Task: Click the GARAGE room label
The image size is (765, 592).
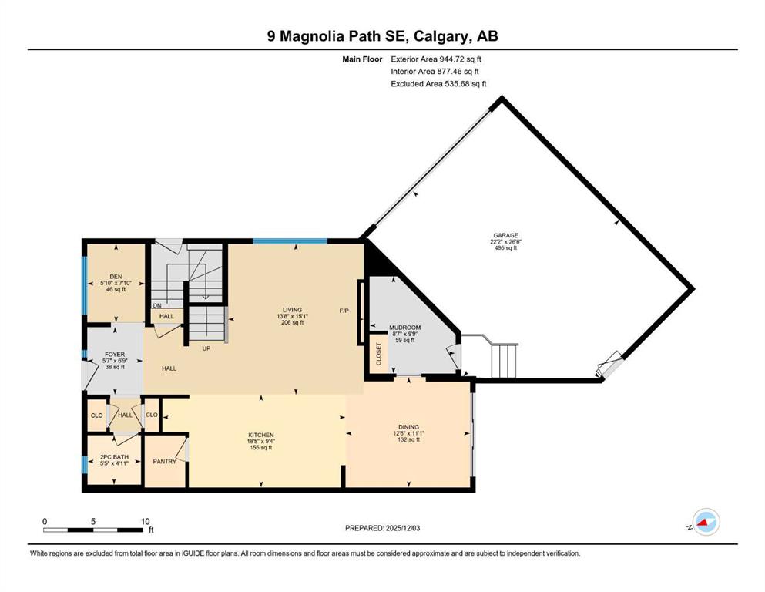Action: pyautogui.click(x=505, y=235)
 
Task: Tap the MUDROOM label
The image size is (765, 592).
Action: pyautogui.click(x=404, y=328)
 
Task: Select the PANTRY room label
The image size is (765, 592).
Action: pyautogui.click(x=164, y=461)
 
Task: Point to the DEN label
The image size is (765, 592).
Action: pyautogui.click(x=116, y=277)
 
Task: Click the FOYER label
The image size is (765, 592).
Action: pyautogui.click(x=115, y=355)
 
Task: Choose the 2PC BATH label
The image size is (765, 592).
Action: pyautogui.click(x=114, y=457)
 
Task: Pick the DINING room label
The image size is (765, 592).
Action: pyautogui.click(x=408, y=427)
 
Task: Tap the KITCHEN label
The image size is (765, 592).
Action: pyautogui.click(x=261, y=435)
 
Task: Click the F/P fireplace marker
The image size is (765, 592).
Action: pyautogui.click(x=344, y=311)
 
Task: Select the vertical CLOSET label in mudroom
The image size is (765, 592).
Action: pyautogui.click(x=378, y=354)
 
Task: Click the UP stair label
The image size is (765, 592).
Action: pyautogui.click(x=206, y=348)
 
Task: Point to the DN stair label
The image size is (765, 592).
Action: pyautogui.click(x=157, y=305)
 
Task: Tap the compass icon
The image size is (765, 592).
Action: pyautogui.click(x=706, y=522)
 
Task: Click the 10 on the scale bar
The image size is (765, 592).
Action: pyautogui.click(x=146, y=521)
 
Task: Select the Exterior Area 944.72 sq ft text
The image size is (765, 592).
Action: pyautogui.click(x=436, y=59)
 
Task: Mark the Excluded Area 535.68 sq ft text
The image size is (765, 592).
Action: pyautogui.click(x=438, y=83)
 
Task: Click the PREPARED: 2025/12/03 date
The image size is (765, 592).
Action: pyautogui.click(x=382, y=528)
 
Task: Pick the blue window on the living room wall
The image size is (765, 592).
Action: pyautogui.click(x=290, y=240)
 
